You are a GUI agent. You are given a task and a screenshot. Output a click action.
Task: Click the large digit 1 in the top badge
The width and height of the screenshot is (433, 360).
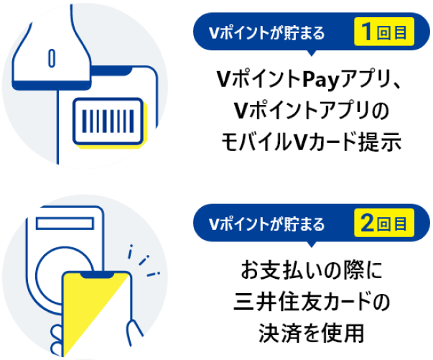coord(366,33)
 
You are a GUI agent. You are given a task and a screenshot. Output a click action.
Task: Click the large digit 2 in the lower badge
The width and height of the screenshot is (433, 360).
coord(366,223)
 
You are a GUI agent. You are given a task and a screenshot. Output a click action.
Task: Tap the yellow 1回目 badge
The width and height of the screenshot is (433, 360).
coord(384,33)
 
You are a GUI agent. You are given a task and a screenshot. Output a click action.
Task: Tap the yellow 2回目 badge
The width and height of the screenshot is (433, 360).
coord(384,223)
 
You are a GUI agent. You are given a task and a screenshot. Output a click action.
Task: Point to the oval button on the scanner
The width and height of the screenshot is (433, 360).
coord(52,55)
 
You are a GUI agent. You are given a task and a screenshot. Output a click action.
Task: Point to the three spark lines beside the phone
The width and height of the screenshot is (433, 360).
coord(144,263)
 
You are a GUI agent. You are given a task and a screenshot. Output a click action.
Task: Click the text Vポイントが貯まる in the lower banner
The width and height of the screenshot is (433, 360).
coord(266,224)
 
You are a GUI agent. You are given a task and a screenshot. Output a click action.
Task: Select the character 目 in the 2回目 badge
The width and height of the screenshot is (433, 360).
coord(400,224)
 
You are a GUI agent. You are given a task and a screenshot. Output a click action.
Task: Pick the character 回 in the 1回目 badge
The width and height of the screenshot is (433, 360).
coord(383,34)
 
